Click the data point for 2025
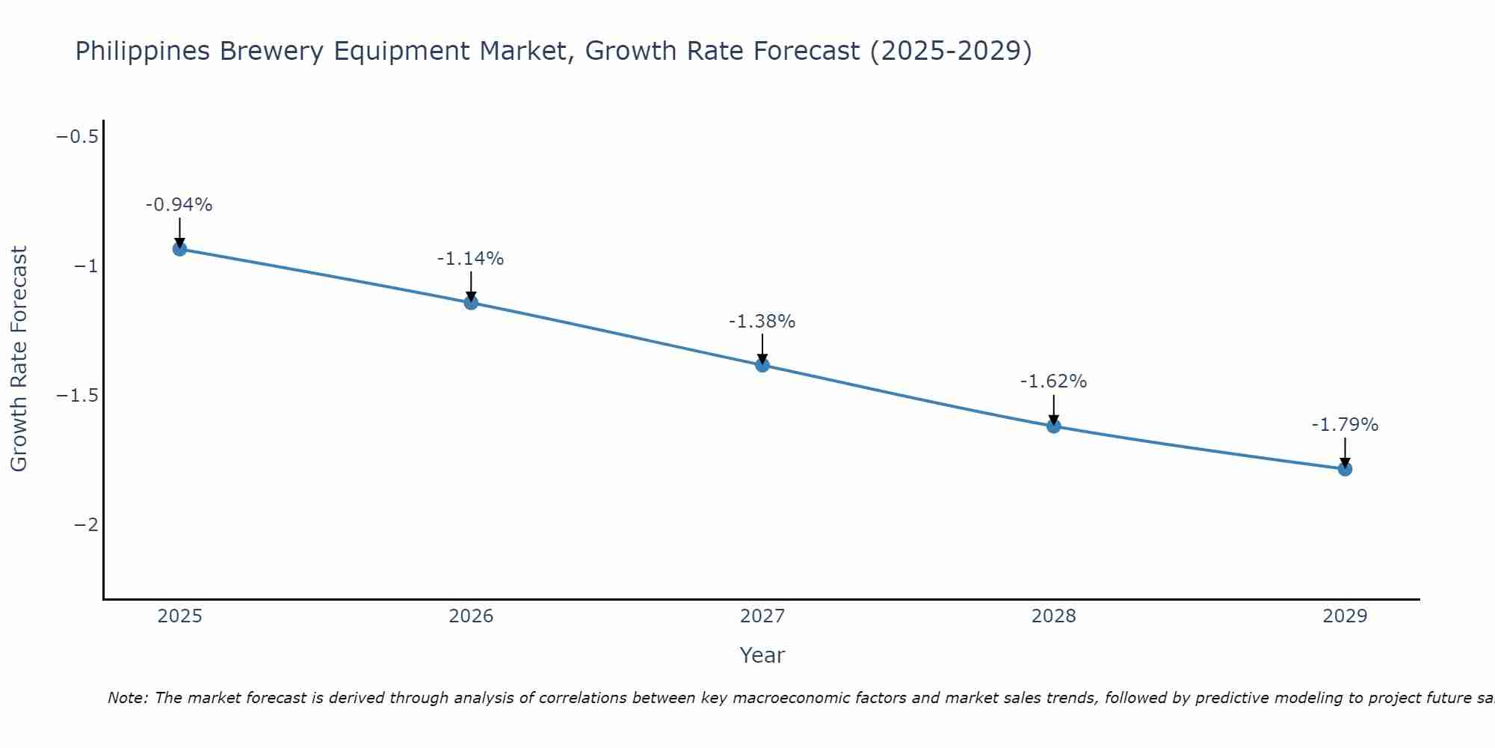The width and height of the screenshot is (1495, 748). click(179, 248)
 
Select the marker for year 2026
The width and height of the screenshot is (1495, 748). click(471, 302)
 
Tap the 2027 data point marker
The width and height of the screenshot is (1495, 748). click(762, 365)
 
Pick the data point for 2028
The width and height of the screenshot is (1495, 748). click(1053, 426)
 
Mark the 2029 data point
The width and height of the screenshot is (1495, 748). click(1345, 469)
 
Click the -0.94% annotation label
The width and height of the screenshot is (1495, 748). click(179, 205)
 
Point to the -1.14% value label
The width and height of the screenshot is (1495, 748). click(470, 259)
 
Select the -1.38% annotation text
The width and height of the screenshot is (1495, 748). click(762, 322)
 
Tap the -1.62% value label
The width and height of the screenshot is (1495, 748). click(1053, 381)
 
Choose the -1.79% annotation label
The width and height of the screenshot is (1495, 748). click(1345, 425)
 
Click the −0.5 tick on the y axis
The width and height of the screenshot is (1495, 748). click(78, 137)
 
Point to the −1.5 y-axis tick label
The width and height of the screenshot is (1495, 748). click(78, 396)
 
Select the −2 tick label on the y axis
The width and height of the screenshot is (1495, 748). click(86, 525)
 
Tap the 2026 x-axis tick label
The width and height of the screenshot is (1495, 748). click(471, 616)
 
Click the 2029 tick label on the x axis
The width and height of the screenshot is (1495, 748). click(1345, 616)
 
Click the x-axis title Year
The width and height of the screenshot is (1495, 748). click(762, 655)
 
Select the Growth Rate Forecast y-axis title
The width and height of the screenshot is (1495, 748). click(19, 359)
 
